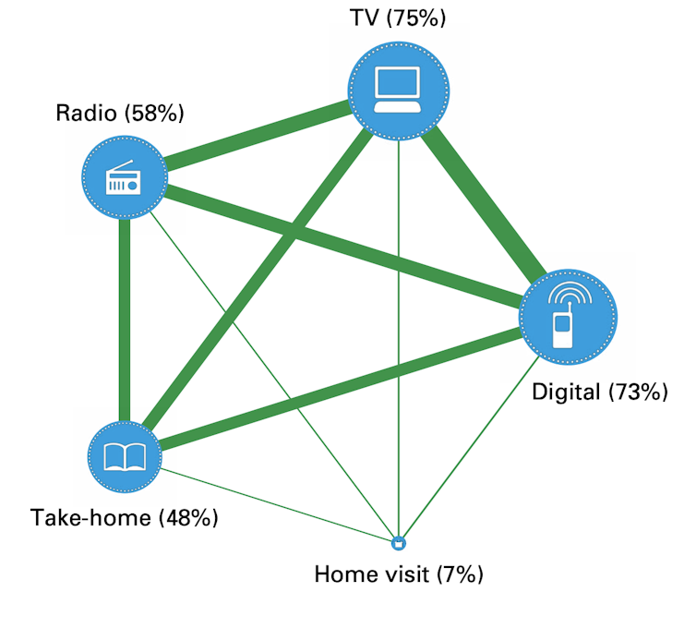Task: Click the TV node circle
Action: tap(399, 91)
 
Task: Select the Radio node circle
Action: tap(124, 177)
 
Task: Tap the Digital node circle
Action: tap(566, 316)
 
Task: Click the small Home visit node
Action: tap(399, 542)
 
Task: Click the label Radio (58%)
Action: tap(120, 114)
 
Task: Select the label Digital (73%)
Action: tap(599, 391)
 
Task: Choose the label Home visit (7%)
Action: tap(399, 574)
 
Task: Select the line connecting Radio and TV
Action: tap(258, 135)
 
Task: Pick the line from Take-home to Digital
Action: tap(342, 388)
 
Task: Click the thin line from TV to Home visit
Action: tap(399, 351)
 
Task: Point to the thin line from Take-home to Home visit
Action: tap(277, 503)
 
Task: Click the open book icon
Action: tap(124, 457)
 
